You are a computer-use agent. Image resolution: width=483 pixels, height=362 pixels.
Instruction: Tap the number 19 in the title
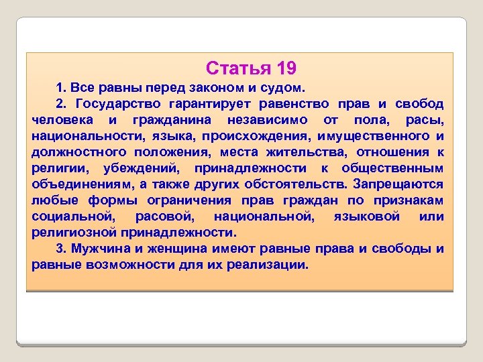coord(284,68)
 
